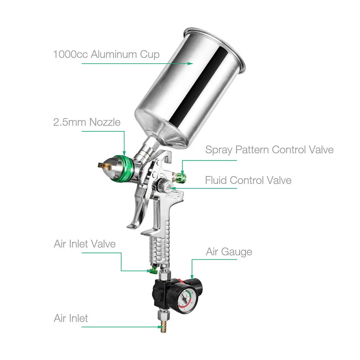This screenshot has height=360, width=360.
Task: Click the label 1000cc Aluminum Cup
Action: tap(106, 55)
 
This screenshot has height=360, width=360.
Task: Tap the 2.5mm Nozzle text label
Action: tap(87, 122)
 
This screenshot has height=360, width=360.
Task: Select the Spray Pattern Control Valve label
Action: tap(269, 150)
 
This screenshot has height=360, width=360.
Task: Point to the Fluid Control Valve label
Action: tap(248, 180)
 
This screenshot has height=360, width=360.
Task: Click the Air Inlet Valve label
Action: tap(85, 244)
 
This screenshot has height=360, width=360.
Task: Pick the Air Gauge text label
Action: tap(229, 252)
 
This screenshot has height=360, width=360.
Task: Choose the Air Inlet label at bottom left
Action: tap(71, 318)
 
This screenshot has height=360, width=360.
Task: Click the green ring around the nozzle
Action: tap(124, 169)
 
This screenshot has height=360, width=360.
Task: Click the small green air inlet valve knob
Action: tap(152, 270)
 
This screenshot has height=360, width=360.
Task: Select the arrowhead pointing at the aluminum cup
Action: tap(190, 63)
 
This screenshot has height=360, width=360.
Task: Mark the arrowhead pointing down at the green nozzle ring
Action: tap(124, 153)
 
